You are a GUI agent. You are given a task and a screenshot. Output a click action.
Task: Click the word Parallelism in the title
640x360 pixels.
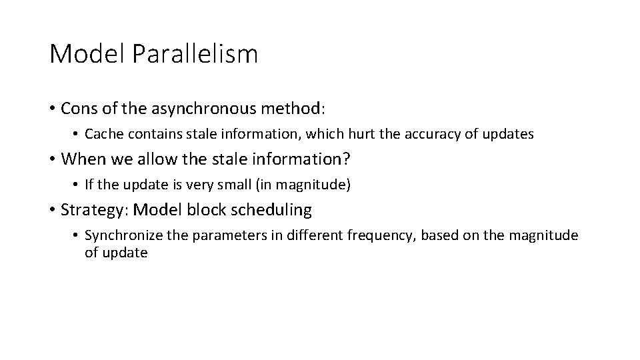(195, 54)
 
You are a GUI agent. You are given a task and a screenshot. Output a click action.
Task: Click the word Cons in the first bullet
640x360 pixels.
(77, 108)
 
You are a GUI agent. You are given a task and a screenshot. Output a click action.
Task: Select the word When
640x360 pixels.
(81, 159)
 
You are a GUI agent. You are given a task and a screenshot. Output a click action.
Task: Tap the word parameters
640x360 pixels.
(219, 235)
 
